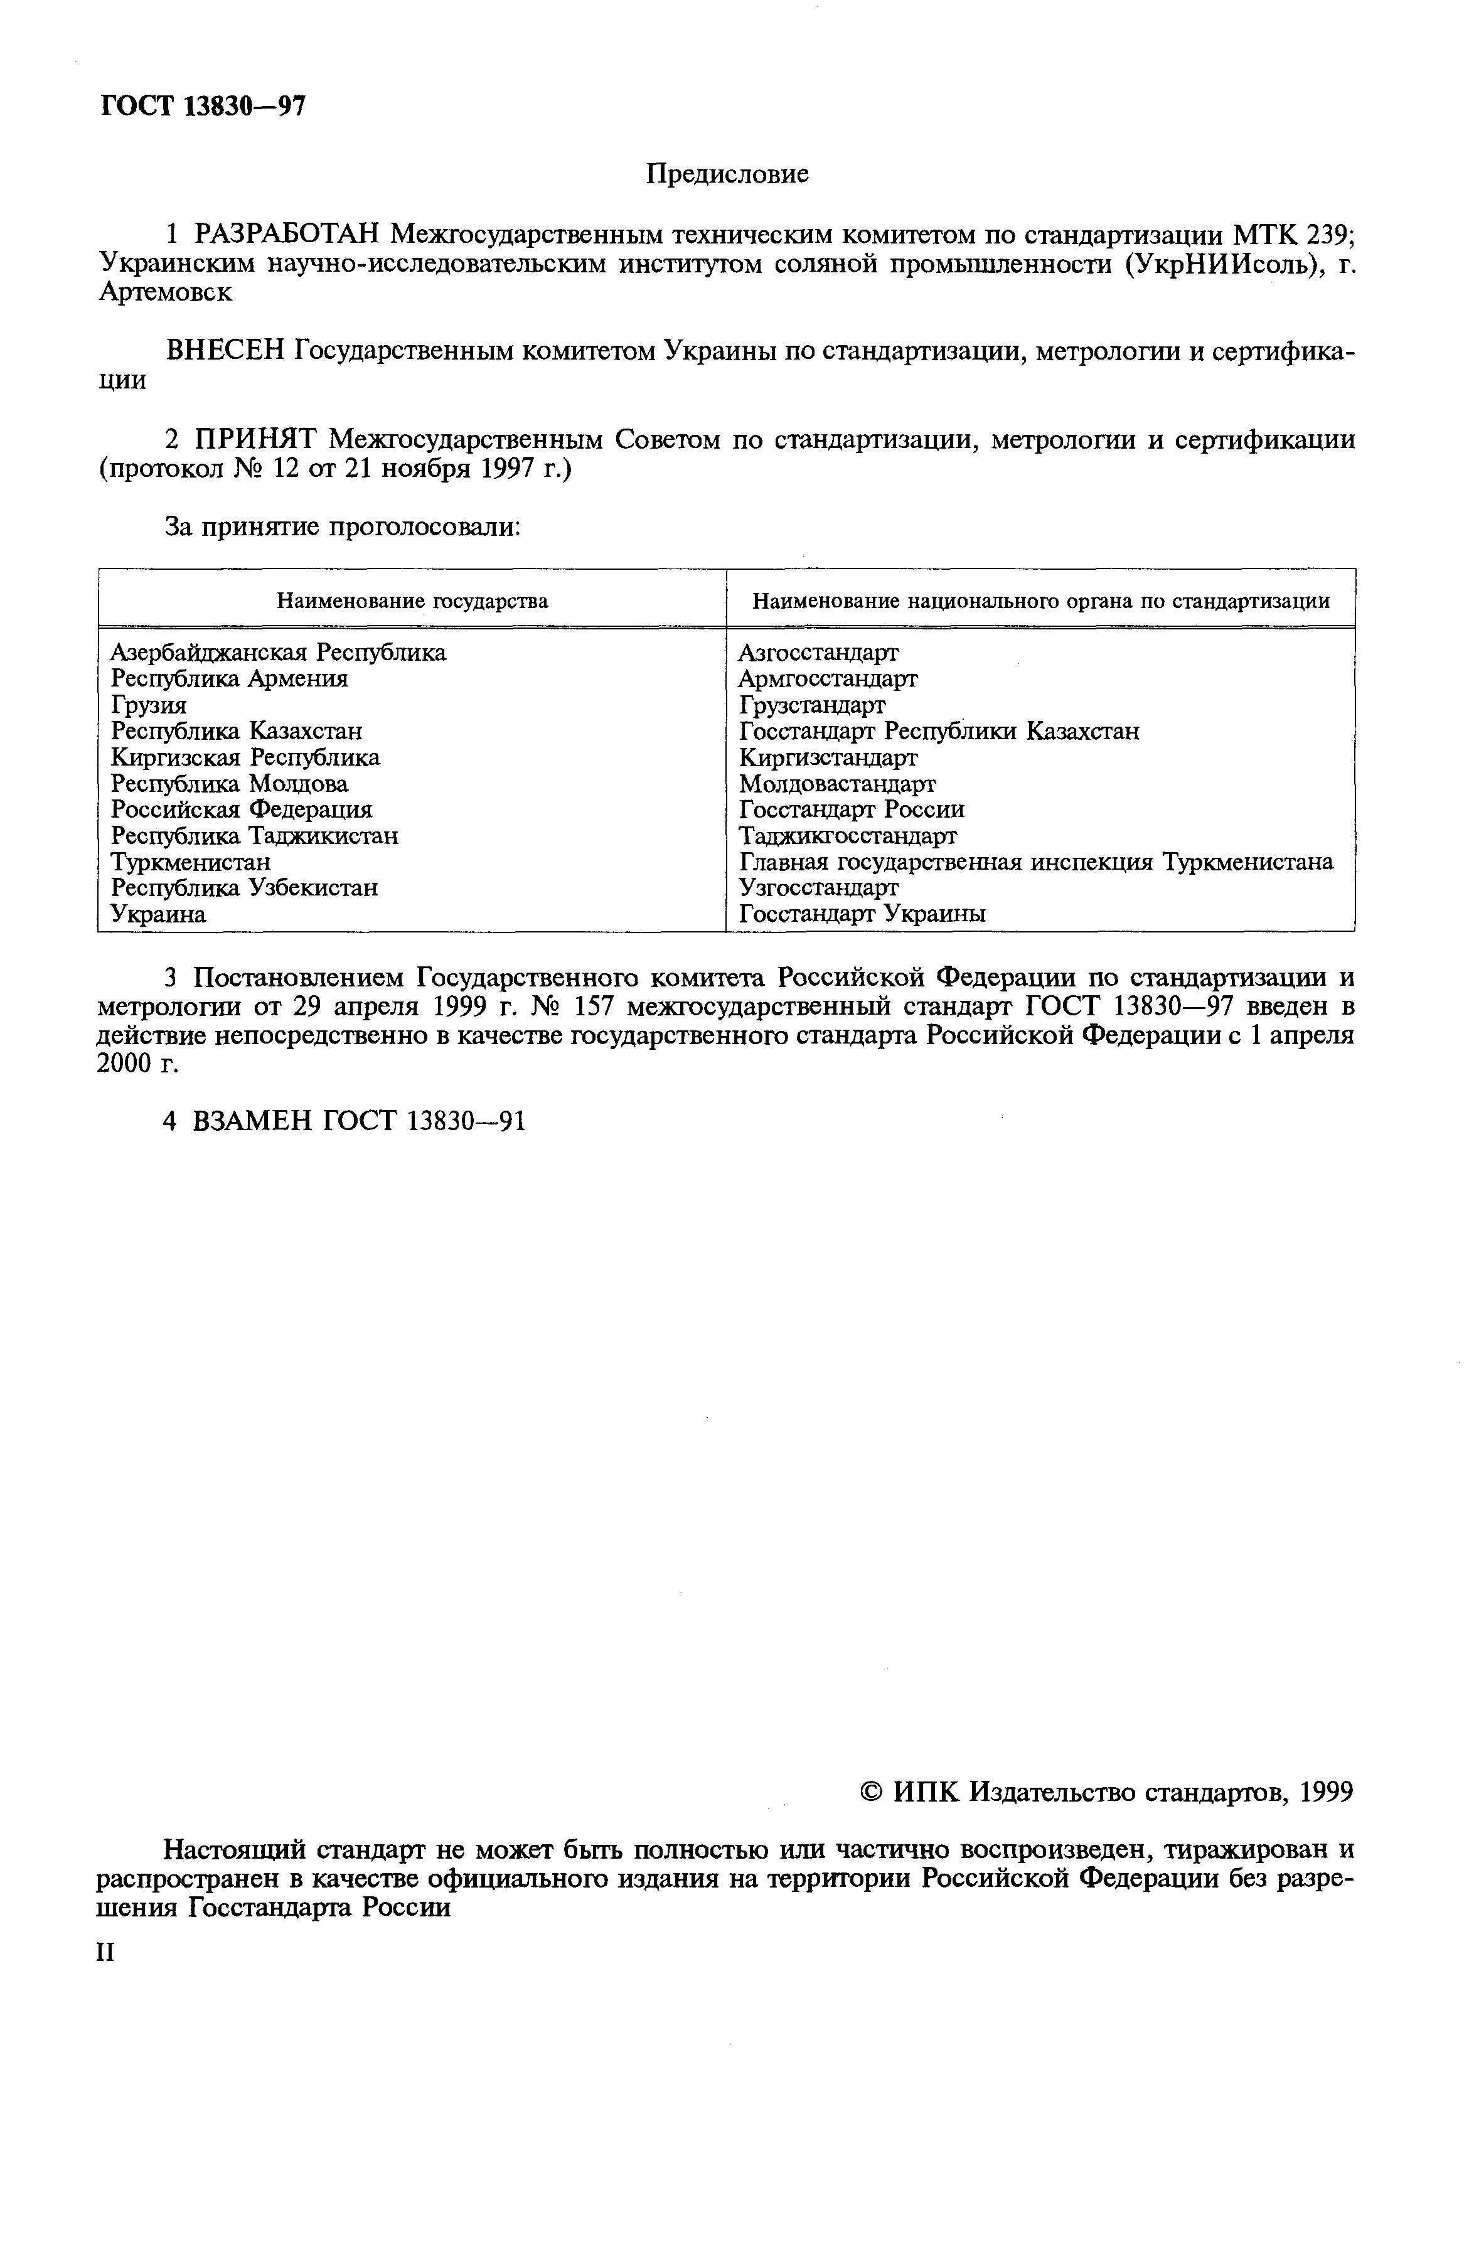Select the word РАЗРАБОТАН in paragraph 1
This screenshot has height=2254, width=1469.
click(286, 233)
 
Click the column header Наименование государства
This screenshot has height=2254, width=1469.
click(412, 601)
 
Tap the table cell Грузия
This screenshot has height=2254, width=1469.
click(149, 705)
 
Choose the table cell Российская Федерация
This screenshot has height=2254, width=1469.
click(242, 809)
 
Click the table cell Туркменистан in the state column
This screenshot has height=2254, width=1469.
click(190, 862)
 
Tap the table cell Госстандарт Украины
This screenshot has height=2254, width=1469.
click(862, 914)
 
